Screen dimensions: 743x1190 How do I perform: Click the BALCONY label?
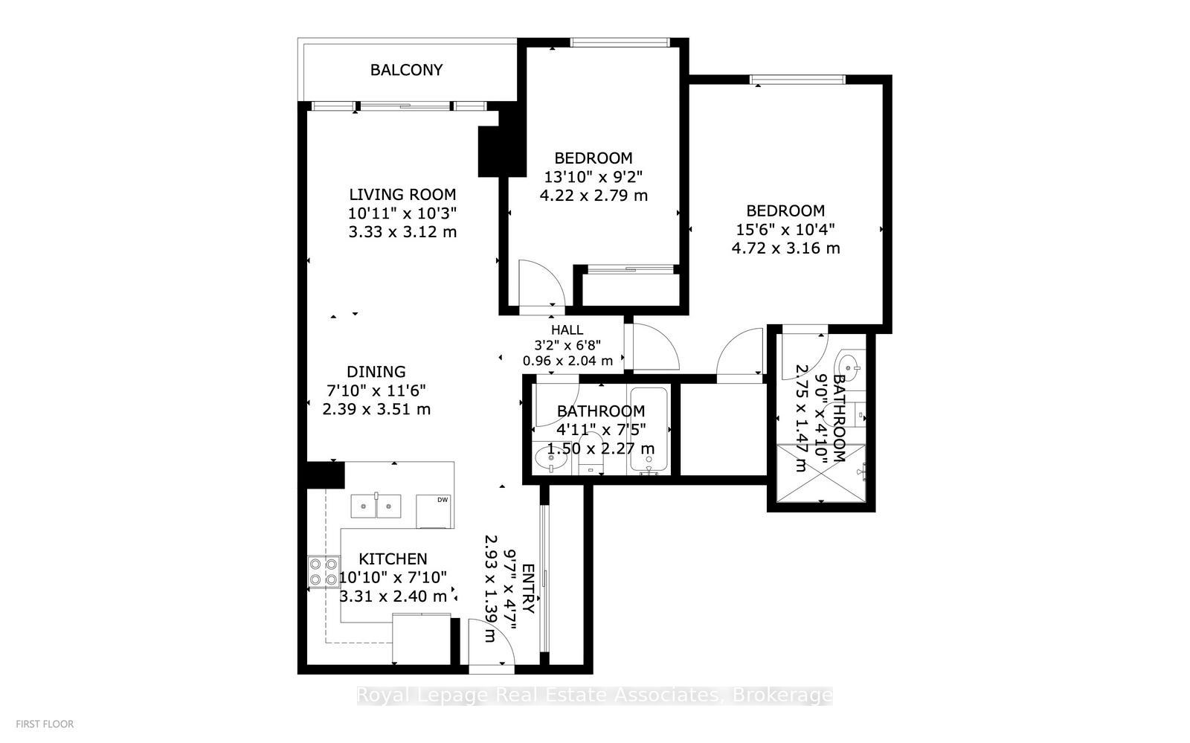click(406, 70)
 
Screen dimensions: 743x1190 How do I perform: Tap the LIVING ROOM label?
click(402, 195)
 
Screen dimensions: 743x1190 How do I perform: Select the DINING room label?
click(376, 372)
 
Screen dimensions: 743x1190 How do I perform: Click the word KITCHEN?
click(393, 559)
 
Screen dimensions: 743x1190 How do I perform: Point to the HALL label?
click(567, 329)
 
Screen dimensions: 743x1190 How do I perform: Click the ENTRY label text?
click(527, 588)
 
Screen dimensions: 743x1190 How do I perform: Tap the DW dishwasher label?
click(442, 500)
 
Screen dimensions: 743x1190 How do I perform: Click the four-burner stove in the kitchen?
click(324, 572)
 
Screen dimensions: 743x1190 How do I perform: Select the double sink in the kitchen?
click(376, 506)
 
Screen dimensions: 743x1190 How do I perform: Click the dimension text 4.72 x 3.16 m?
click(785, 248)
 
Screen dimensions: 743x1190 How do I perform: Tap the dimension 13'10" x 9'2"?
click(593, 177)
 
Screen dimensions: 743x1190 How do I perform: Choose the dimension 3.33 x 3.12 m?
click(402, 232)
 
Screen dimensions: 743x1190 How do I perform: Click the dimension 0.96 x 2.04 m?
click(567, 361)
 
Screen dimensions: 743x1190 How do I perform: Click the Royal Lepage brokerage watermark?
click(594, 695)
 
